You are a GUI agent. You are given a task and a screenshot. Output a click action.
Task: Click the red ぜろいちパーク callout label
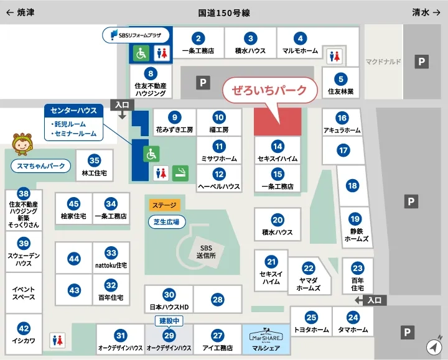(x=269, y=90)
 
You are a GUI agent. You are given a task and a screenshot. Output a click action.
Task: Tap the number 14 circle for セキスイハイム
(x=278, y=147)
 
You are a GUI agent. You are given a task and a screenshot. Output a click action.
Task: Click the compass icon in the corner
(x=434, y=346)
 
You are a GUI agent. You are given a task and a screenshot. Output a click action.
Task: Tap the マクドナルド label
(x=383, y=62)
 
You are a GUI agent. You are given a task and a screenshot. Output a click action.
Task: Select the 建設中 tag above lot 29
(x=169, y=321)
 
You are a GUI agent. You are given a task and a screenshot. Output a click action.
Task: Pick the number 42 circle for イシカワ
(x=24, y=328)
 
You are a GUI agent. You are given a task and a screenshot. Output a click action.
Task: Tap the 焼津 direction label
(x=20, y=12)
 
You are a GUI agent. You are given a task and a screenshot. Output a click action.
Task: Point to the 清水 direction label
(x=426, y=12)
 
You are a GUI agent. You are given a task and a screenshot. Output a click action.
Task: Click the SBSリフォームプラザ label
(x=136, y=35)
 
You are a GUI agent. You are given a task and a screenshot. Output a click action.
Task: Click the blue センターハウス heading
(x=73, y=111)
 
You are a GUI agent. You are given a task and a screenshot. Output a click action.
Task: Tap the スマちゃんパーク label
(x=41, y=166)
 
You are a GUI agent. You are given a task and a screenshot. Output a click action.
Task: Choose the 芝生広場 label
(x=166, y=222)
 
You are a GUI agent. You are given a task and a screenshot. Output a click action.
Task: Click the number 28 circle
(x=217, y=300)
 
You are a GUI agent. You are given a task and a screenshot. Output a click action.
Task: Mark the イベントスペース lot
(x=24, y=293)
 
